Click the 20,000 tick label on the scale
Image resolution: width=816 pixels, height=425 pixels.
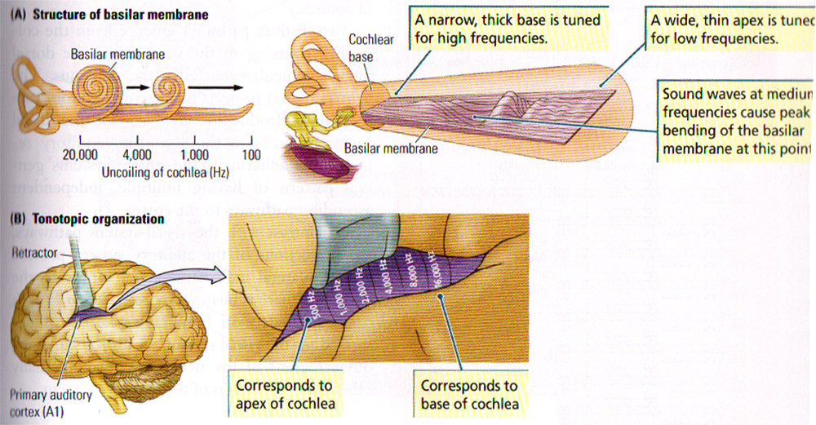[80, 155]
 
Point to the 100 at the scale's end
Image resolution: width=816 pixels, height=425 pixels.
[251, 155]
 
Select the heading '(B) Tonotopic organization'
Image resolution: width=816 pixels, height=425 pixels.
[86, 219]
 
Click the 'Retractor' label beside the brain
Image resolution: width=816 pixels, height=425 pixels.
[30, 253]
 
